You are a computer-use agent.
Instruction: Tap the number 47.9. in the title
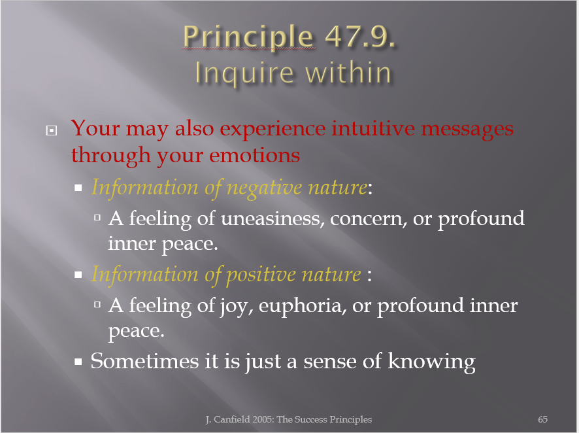pyautogui.click(x=360, y=37)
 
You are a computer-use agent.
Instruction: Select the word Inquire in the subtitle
pyautogui.click(x=244, y=73)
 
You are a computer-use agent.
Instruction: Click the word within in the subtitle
pyautogui.click(x=348, y=72)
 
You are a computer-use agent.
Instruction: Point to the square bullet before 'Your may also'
pyautogui.click(x=52, y=130)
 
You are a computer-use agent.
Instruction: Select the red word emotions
pyautogui.click(x=254, y=155)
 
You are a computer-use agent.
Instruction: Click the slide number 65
pyautogui.click(x=542, y=419)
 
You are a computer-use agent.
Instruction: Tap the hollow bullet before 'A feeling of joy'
pyautogui.click(x=97, y=305)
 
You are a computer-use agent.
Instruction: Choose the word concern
pyautogui.click(x=368, y=219)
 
